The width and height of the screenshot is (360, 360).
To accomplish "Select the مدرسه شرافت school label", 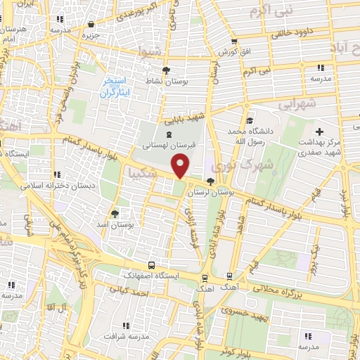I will coord(127,336).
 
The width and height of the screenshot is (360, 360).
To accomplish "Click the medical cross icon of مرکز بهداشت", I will coord(320,131).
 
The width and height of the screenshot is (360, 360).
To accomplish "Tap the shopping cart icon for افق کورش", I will coord(234,42).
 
